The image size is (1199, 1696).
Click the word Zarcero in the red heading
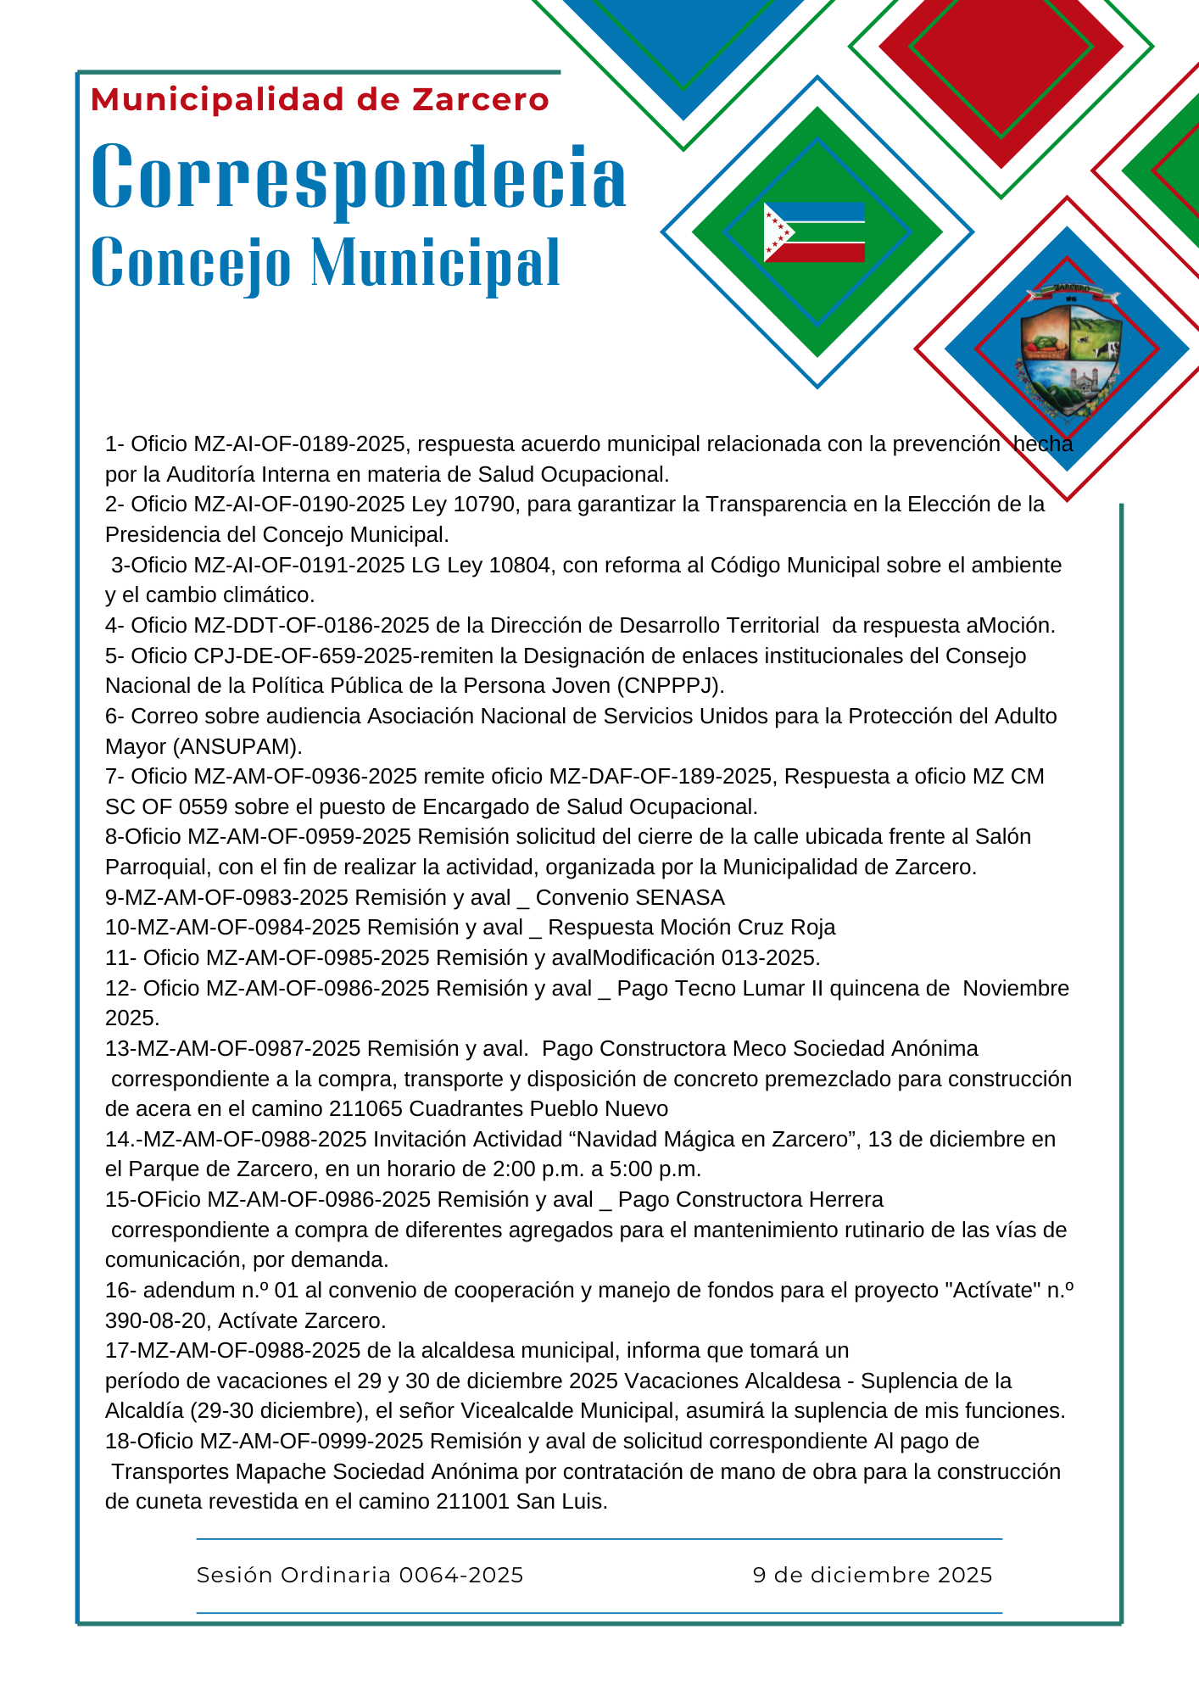coord(481,100)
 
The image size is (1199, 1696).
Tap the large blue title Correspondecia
coord(359,177)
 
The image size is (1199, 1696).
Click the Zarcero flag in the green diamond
coord(814,232)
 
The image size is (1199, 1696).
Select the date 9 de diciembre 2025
coord(873,1575)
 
